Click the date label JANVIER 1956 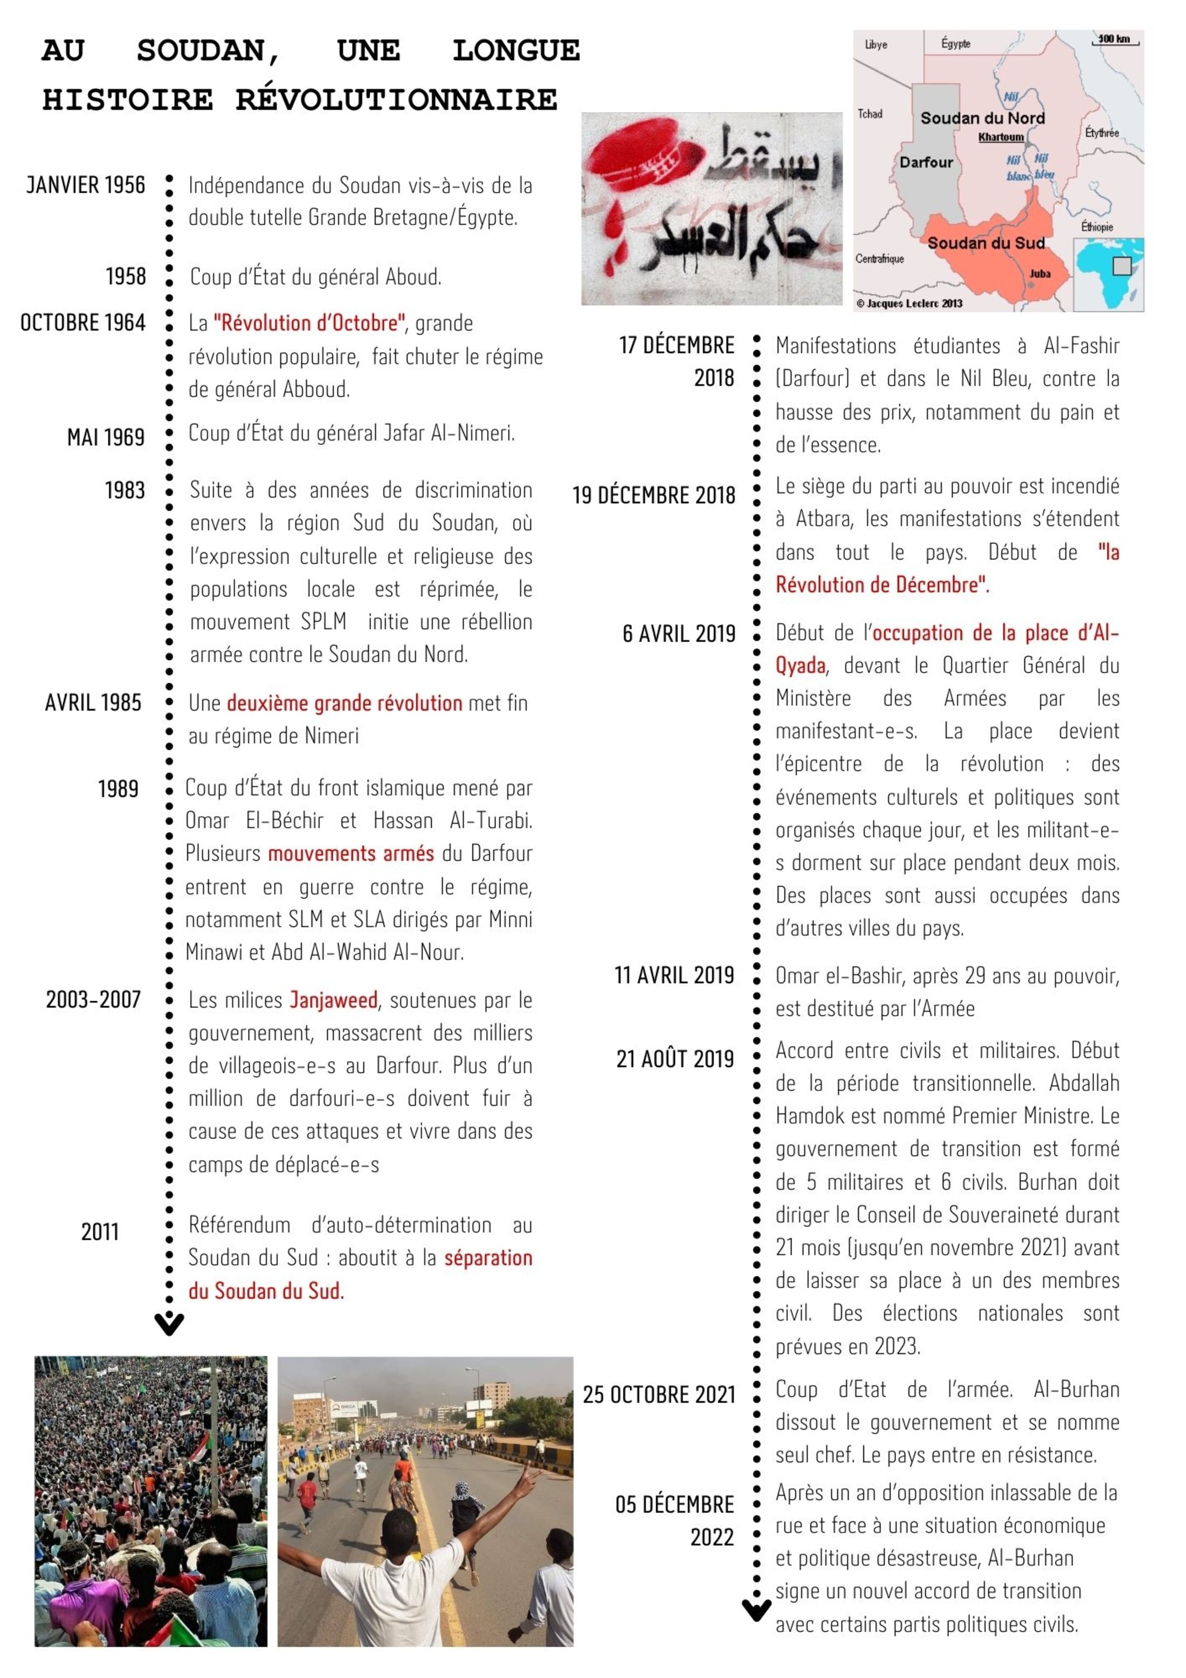click(86, 185)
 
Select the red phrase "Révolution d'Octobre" click(309, 323)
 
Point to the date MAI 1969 click(106, 437)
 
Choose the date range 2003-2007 click(94, 999)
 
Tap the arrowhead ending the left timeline click(169, 1324)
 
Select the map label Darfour click(926, 162)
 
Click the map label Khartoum click(1001, 136)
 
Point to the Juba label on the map click(1039, 273)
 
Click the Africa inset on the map click(1108, 273)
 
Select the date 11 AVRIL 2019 click(674, 975)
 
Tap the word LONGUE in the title click(516, 51)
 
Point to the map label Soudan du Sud click(986, 243)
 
